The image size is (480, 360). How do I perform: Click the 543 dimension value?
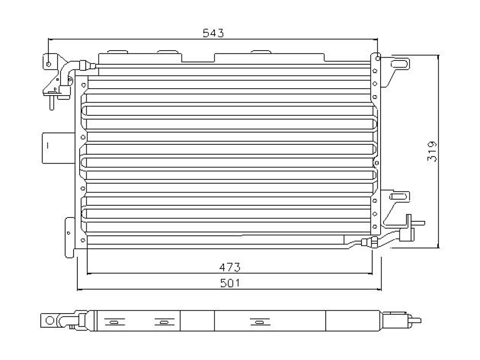pos(213,33)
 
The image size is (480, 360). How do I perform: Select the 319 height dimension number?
pos(433,151)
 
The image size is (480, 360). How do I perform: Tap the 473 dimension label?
pos(230,267)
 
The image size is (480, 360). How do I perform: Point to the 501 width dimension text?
pos(230,283)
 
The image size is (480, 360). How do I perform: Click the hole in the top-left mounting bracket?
pos(48,64)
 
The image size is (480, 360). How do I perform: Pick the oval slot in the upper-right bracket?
pos(398,64)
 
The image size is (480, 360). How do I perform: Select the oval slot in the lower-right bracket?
pos(398,196)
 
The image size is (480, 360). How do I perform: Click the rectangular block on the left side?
pos(58,148)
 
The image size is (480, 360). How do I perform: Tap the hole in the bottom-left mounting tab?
pos(68,233)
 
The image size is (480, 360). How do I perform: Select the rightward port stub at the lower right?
pos(418,223)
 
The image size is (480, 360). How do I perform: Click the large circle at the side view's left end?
pos(49,321)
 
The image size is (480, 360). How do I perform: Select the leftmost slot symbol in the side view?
pos(114,322)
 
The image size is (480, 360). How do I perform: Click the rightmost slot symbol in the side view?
pos(260,322)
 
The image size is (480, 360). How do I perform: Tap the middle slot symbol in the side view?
pos(164,322)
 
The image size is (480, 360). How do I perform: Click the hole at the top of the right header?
pos(378,58)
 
